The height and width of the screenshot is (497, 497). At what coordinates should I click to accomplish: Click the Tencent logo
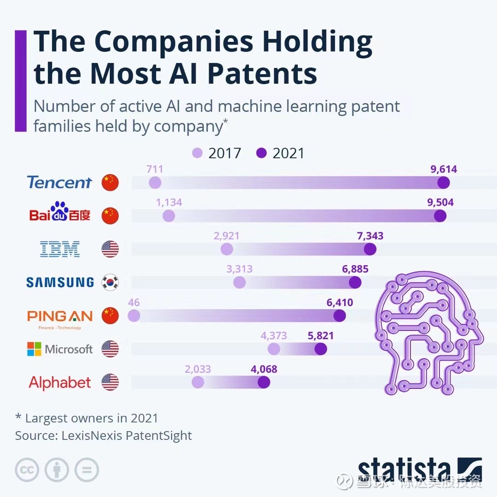(59, 182)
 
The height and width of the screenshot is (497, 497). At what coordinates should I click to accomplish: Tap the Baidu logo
(60, 213)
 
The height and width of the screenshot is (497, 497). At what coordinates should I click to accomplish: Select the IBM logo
(60, 249)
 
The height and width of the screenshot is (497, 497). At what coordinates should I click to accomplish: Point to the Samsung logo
(60, 282)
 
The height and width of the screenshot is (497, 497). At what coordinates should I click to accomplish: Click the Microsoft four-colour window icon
(34, 349)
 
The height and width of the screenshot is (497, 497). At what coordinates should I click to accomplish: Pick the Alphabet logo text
(60, 382)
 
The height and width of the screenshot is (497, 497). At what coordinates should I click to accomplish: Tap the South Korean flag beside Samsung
(110, 282)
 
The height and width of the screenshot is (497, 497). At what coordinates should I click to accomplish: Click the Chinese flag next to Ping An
(110, 316)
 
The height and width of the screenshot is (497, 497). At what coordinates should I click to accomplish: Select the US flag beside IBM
(110, 249)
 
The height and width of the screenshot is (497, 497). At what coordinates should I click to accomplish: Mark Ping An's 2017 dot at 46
(134, 316)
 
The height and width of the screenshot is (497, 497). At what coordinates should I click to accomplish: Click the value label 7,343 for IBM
(370, 236)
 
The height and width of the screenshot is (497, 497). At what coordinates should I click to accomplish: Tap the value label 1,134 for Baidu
(169, 202)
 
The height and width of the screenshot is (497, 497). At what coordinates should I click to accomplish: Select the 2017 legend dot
(198, 153)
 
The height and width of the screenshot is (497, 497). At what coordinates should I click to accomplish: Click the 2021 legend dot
(262, 153)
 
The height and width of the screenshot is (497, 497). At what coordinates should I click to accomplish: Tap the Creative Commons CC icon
(27, 470)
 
